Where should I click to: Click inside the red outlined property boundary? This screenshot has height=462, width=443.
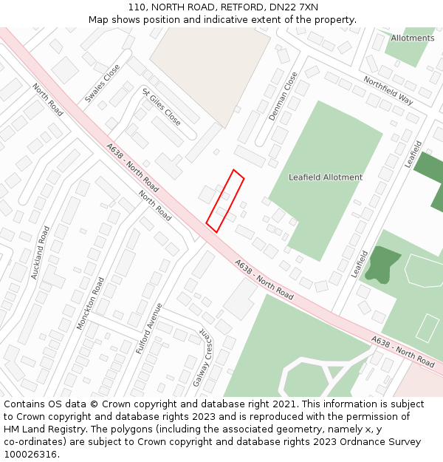coord(225,200)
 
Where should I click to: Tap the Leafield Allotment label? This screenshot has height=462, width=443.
coord(326,177)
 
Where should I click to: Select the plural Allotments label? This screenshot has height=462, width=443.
coord(413,38)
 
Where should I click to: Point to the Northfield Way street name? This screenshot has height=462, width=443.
coord(388,89)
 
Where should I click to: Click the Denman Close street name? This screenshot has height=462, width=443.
coord(283,96)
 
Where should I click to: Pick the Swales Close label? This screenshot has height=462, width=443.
coord(102,83)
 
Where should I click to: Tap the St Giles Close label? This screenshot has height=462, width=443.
coord(161,106)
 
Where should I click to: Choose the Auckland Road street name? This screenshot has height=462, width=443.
coord(40,252)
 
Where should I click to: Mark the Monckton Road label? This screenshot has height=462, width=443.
coord(90,303)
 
